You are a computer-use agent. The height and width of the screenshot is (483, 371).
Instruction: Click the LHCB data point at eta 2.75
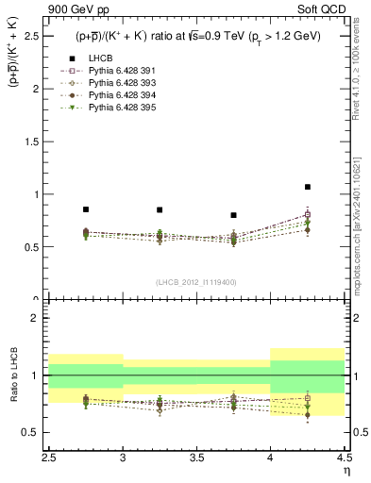[86, 209]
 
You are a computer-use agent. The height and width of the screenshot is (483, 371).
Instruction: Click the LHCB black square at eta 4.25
[308, 187]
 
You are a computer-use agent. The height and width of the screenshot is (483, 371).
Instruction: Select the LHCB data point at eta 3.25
[160, 209]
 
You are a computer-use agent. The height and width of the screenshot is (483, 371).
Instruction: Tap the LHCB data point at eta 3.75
[233, 215]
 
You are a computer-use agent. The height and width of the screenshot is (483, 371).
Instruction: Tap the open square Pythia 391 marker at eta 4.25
[308, 214]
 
